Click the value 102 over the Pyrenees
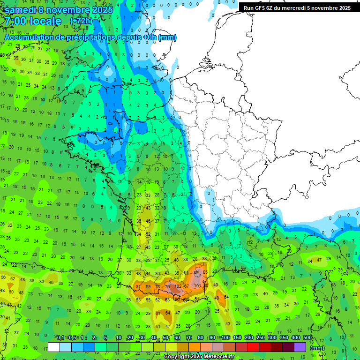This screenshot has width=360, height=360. [x=178, y=286]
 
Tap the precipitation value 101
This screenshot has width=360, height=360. [x=197, y=285]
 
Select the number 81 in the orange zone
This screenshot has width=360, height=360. [x=138, y=286]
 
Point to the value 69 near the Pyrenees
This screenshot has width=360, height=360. [x=148, y=286]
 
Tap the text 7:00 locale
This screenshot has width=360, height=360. [x=33, y=22]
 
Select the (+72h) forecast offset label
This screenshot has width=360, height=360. [x=81, y=22]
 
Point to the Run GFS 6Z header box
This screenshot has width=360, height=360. [x=297, y=8]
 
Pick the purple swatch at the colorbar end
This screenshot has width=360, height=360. [x=300, y=347]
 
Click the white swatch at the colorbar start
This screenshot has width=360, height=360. [x=54, y=347]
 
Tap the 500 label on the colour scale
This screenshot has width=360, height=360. [x=307, y=337]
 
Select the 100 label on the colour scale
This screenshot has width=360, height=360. [x=225, y=337]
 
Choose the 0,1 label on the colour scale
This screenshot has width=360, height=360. [x=60, y=337]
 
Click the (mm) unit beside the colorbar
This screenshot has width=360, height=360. [x=317, y=348]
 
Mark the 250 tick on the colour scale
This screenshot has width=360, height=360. [x=261, y=337]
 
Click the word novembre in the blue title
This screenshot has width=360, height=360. [x=67, y=10]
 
